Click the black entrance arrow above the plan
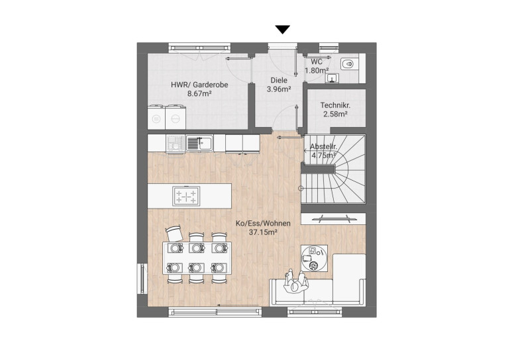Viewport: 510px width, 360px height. pos(283,30)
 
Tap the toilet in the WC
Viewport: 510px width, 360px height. pos(348,64)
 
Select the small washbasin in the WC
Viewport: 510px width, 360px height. pos(332,78)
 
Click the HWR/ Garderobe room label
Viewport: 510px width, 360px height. pos(199,85)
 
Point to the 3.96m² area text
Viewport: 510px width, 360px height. pos(279,89)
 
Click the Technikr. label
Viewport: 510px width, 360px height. pos(335,105)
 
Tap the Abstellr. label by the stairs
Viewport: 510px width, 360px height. pos(323,146)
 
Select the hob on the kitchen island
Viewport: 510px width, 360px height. pos(186,196)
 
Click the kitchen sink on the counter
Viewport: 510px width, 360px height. pos(199,144)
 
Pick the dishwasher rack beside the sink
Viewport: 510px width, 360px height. pos(176,144)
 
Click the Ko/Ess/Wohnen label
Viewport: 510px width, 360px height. pos(263,224)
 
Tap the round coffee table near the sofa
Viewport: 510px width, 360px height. pos(314,258)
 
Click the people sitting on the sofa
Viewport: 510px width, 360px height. pos(295,282)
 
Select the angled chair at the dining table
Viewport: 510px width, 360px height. pos(174,233)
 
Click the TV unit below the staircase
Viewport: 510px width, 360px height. pos(332,218)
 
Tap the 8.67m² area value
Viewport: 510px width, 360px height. pos(199,94)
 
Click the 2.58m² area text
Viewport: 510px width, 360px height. pos(335,114)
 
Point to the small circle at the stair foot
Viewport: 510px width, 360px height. pos(301,188)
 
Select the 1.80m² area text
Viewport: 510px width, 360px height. pos(317,70)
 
